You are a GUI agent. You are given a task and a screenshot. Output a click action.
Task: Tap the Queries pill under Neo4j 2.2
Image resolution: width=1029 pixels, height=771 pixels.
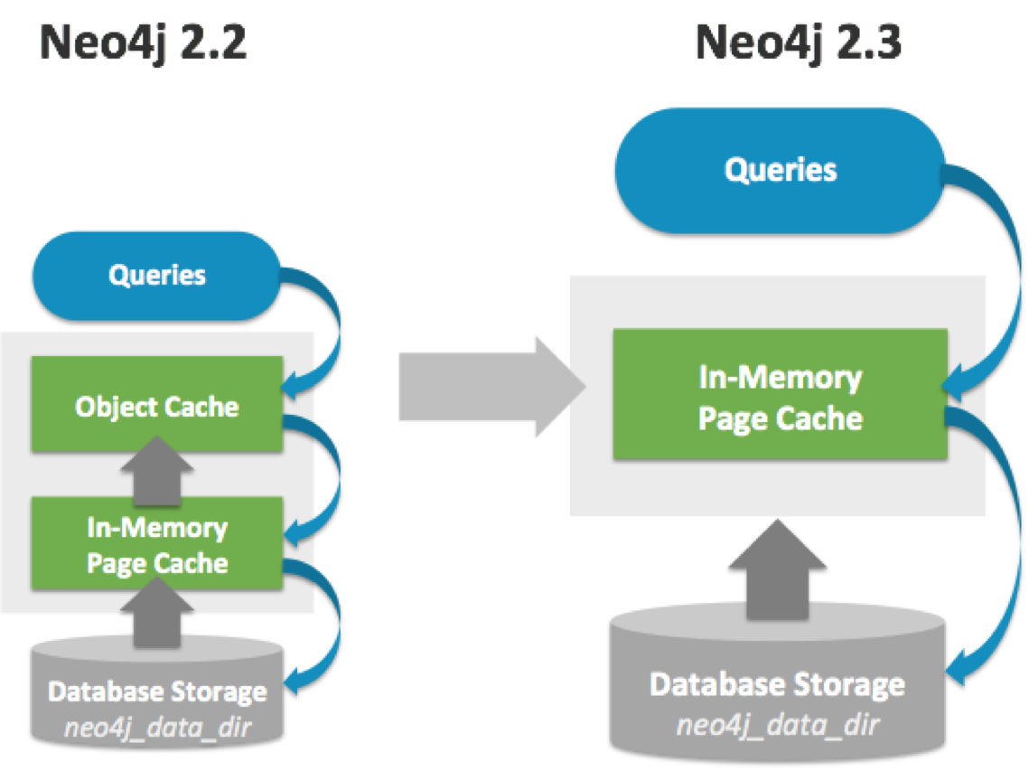coord(157,276)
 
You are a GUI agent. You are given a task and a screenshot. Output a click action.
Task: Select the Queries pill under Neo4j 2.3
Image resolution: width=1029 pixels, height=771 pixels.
coord(781,170)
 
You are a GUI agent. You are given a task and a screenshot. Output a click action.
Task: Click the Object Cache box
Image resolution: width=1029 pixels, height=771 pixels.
coord(157,404)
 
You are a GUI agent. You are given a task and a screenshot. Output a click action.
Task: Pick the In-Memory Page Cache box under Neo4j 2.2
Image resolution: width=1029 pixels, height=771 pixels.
coord(157,543)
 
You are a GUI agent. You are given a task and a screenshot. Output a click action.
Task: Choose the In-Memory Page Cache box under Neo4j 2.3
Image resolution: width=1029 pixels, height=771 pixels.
coord(781,394)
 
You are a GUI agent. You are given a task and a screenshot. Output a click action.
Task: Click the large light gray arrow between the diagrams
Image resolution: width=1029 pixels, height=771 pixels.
coord(492,387)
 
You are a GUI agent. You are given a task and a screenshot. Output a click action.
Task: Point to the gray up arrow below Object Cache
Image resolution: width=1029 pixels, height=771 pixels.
coord(157,471)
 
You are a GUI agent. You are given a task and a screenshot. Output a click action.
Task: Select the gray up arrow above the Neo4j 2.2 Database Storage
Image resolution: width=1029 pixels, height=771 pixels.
coord(157,612)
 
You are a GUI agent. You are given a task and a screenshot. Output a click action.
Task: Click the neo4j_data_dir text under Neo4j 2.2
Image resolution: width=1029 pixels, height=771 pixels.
coord(157,728)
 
